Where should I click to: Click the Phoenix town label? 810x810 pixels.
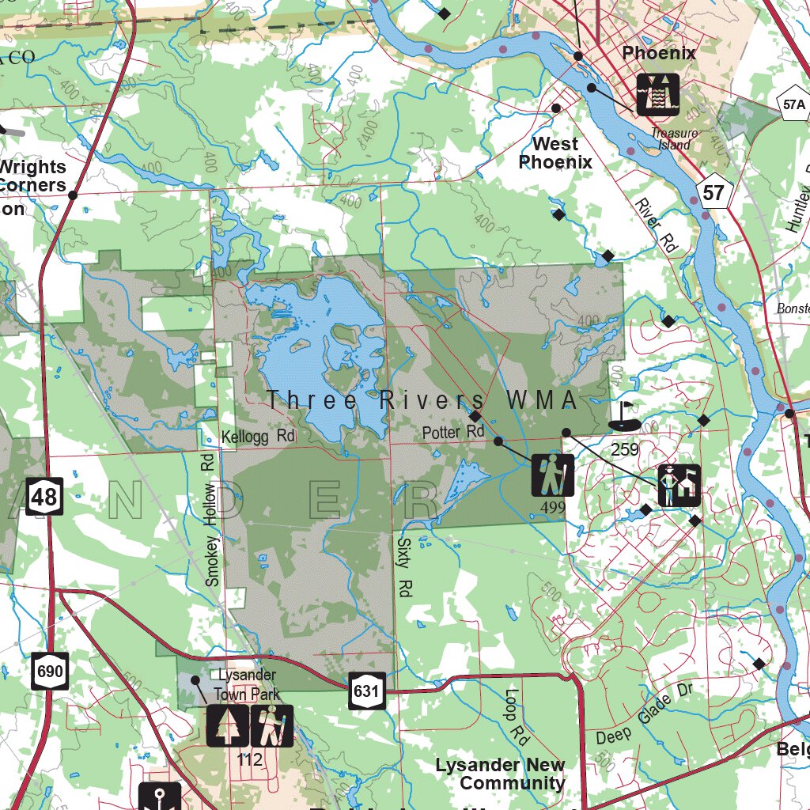click(x=659, y=53)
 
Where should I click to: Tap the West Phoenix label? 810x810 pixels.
click(x=555, y=153)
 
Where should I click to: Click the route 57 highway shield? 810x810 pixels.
click(x=713, y=192)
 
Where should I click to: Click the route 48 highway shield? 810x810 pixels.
click(x=44, y=496)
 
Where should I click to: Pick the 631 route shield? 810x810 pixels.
click(x=367, y=691)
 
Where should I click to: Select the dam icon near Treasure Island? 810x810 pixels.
click(x=657, y=94)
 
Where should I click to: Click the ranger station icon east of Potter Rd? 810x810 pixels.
click(x=679, y=486)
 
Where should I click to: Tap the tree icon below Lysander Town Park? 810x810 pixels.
click(x=228, y=725)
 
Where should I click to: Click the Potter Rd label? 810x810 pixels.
click(x=452, y=432)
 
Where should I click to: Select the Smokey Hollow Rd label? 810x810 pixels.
click(x=210, y=520)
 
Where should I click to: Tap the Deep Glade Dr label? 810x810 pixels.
click(x=644, y=715)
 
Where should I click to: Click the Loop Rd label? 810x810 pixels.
click(x=515, y=717)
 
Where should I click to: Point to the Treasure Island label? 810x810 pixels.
click(x=675, y=139)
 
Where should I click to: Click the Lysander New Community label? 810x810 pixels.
click(x=500, y=774)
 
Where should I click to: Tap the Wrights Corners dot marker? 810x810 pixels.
click(x=73, y=195)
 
